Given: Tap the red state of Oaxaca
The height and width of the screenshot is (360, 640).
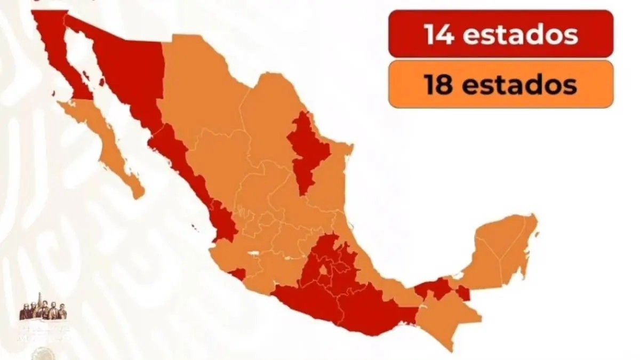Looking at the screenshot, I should pyautogui.click(x=373, y=309).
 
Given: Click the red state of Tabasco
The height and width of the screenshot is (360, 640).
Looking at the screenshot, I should pyautogui.click(x=435, y=288).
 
